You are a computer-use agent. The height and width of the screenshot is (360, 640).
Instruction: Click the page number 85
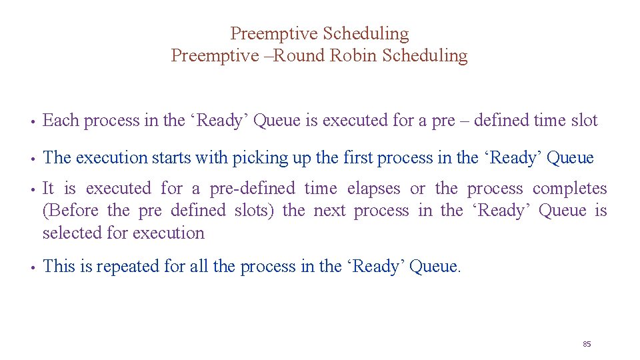[587, 344]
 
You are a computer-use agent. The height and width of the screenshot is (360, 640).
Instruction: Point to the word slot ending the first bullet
[585, 121]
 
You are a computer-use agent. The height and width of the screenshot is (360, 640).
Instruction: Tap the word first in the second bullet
[358, 158]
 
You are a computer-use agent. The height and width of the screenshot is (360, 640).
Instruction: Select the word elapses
[373, 189]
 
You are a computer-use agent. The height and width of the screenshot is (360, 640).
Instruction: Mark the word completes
[570, 189]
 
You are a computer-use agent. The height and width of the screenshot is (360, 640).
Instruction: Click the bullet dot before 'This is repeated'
[32, 268]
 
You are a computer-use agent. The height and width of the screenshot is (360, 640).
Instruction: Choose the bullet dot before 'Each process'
[32, 122]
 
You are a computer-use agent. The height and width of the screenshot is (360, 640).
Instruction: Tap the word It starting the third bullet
[48, 189]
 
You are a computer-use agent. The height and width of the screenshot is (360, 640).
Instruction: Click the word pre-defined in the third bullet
[251, 189]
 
